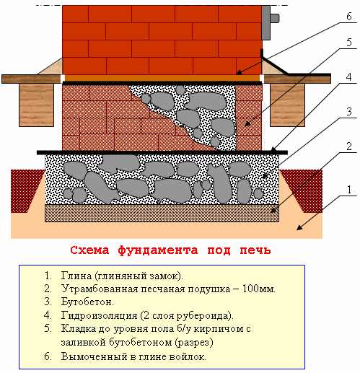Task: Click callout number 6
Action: (x=349, y=17)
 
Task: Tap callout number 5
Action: (x=349, y=43)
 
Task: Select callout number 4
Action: (x=348, y=77)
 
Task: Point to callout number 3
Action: (x=349, y=112)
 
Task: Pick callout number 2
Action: (x=349, y=146)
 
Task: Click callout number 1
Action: (x=349, y=190)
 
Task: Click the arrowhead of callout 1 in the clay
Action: (x=299, y=227)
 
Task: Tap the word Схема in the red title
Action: (x=89, y=250)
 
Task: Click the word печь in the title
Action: (x=255, y=250)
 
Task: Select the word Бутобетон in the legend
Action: (x=87, y=302)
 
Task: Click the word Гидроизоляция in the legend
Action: (x=99, y=315)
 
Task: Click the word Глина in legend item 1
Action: (x=76, y=276)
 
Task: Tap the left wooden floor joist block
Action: (x=36, y=105)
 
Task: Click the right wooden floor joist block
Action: (x=287, y=105)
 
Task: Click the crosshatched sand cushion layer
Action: (x=162, y=213)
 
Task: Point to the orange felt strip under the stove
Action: (x=162, y=78)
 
